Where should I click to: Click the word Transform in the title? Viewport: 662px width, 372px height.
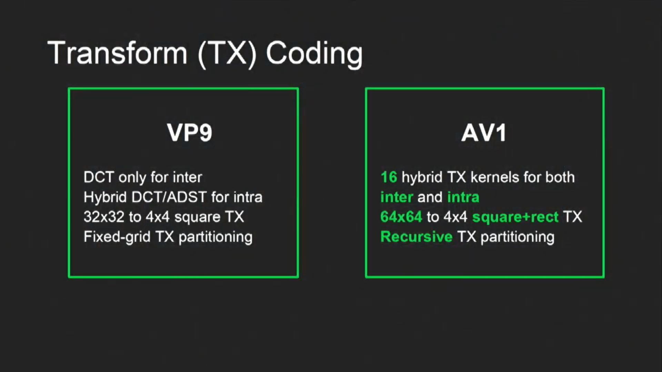tap(117, 53)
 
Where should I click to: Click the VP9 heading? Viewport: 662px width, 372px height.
tap(190, 133)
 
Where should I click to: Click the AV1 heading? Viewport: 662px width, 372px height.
tap(484, 133)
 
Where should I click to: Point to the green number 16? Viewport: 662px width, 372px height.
tap(389, 177)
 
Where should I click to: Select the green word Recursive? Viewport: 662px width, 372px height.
tap(416, 237)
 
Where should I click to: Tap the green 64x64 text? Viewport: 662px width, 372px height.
tap(401, 217)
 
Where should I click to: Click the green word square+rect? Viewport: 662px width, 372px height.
tap(515, 217)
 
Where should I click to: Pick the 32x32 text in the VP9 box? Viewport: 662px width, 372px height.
tap(104, 217)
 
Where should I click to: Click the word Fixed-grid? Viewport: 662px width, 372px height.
tap(117, 237)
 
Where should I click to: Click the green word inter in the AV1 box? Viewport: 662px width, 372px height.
tap(397, 197)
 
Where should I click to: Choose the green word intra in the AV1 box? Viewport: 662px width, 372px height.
tap(463, 197)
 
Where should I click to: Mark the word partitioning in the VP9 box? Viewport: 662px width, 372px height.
tap(215, 237)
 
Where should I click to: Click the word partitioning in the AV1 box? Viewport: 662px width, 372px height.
tap(517, 237)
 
